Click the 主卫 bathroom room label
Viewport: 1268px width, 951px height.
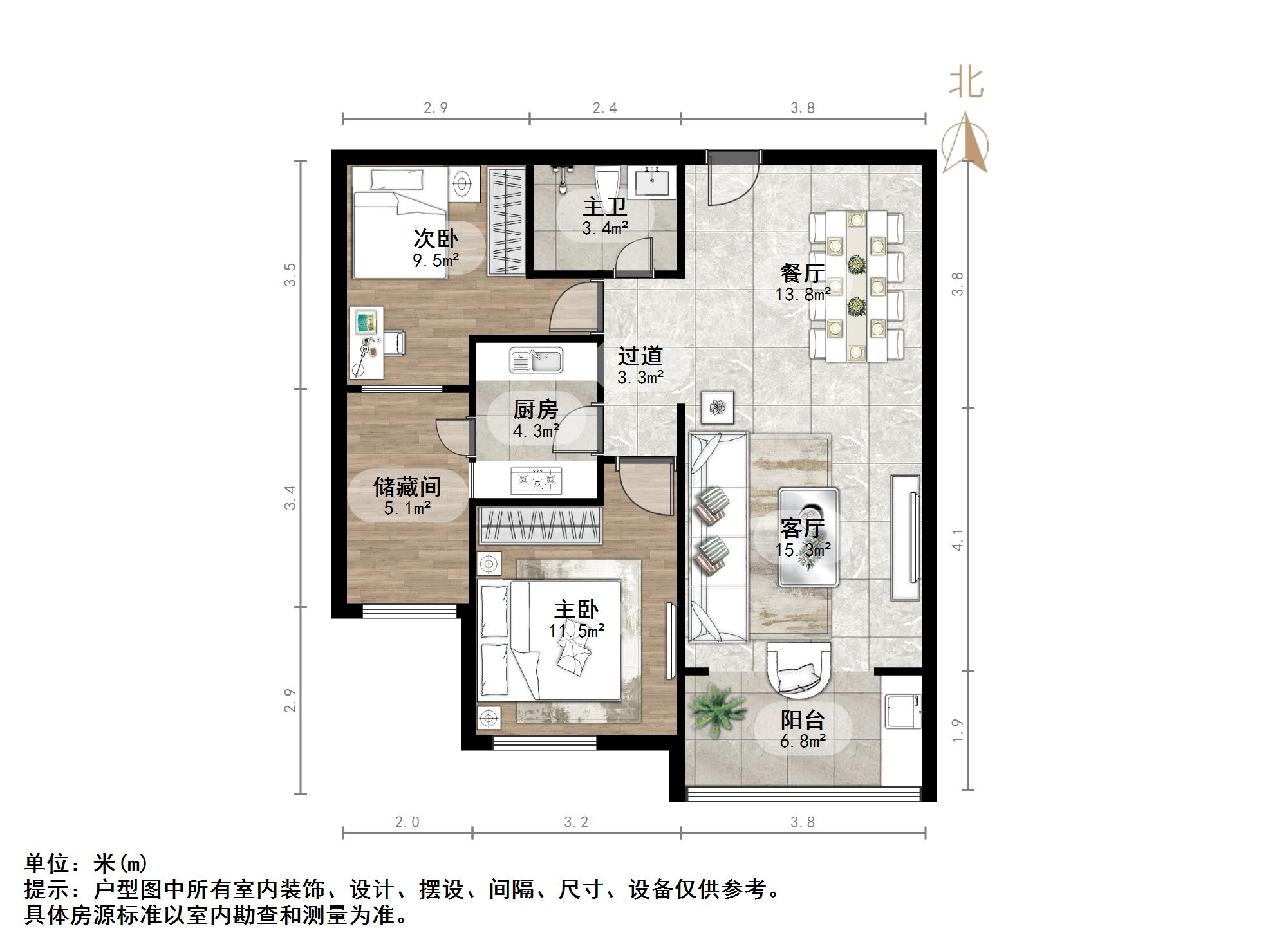(604, 207)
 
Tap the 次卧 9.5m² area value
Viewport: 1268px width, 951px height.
(436, 261)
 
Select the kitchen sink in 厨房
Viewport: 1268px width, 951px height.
(536, 360)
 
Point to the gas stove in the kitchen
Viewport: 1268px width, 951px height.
(536, 480)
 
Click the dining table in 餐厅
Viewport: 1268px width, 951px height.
(856, 286)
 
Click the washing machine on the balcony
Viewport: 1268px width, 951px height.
(902, 711)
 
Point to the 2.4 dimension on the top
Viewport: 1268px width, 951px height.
(604, 108)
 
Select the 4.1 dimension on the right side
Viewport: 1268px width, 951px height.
(958, 540)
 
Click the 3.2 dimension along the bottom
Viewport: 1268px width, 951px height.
(576, 822)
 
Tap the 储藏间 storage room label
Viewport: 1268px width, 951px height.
(407, 486)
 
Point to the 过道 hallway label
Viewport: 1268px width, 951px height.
(640, 356)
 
